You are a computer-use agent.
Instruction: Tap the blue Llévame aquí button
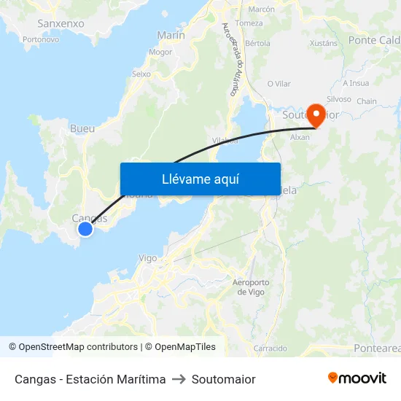tap(200, 179)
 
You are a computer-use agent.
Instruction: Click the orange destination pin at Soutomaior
tap(316, 114)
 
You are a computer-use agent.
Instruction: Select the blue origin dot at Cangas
tap(85, 229)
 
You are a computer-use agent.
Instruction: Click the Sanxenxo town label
tap(61, 23)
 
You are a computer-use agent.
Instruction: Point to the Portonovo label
tap(41, 39)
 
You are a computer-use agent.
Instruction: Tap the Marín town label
tap(171, 35)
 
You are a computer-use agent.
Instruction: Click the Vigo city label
tap(148, 258)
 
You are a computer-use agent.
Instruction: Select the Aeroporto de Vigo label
tap(250, 287)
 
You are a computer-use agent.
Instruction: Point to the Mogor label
tap(160, 52)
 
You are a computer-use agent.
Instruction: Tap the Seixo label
tap(141, 74)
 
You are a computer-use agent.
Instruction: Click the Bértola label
tap(257, 43)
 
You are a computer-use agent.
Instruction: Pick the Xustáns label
tap(324, 43)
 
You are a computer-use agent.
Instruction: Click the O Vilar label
tap(279, 84)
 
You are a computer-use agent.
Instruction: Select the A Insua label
tap(356, 82)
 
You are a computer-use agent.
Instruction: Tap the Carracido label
tap(270, 349)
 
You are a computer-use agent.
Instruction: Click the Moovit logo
tap(357, 378)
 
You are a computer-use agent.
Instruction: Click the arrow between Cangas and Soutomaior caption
tap(179, 379)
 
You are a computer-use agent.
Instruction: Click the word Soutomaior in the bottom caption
tap(223, 379)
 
